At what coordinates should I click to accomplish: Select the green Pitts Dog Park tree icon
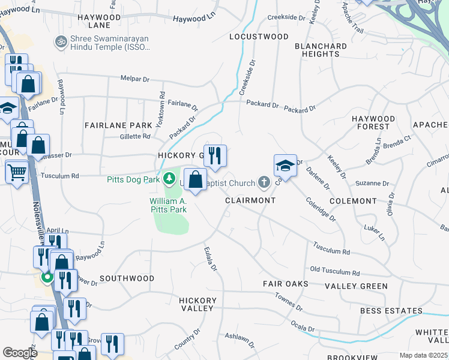coord(170,179)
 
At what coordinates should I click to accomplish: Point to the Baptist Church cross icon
coord(263,181)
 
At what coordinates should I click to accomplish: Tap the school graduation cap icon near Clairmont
coord(285,166)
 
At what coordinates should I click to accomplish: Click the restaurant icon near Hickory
coord(215,155)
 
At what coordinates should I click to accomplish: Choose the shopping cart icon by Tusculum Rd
coord(17,173)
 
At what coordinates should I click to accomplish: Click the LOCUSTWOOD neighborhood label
coord(259,37)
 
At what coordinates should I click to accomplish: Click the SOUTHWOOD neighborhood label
coord(127,278)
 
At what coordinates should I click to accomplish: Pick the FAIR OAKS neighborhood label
coord(285,283)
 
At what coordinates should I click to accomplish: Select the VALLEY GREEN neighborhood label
coord(357,286)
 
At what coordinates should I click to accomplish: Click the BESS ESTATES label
coord(391,311)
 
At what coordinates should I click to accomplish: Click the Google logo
coord(20,353)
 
